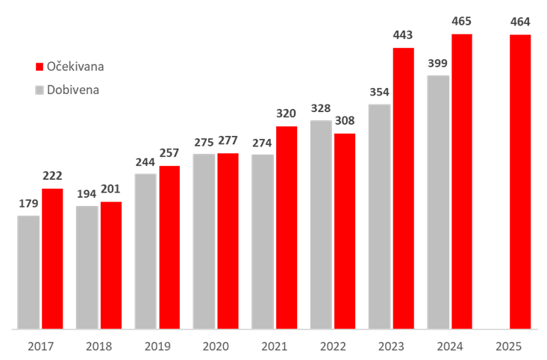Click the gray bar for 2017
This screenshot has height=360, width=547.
click(x=28, y=272)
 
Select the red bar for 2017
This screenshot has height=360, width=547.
click(x=52, y=258)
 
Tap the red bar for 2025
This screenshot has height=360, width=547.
click(x=520, y=181)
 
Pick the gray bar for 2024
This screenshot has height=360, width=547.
click(x=438, y=202)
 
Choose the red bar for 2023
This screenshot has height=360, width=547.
click(x=403, y=187)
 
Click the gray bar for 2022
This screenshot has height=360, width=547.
click(x=321, y=224)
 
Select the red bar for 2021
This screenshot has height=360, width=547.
click(x=287, y=227)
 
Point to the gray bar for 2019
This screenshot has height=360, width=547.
click(x=146, y=251)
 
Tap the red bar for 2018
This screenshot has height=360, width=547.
click(x=110, y=264)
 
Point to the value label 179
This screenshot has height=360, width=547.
click(x=28, y=204)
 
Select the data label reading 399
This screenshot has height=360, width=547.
click(x=438, y=63)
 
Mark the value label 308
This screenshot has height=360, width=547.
click(x=345, y=121)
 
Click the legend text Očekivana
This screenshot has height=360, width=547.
click(x=75, y=66)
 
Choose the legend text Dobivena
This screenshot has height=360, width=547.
click(x=73, y=90)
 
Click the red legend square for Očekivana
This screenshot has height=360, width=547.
click(x=40, y=66)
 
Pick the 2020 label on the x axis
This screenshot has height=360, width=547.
click(x=215, y=347)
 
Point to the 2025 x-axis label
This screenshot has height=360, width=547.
click(x=508, y=347)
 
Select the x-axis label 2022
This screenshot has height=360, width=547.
click(x=332, y=347)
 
